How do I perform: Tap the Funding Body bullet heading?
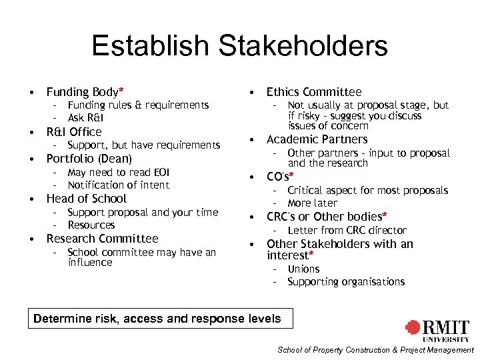coord(83,92)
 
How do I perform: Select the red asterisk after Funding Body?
coord(121,91)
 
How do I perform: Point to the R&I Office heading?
coord(73,132)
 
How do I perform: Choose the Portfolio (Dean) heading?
coord(89,159)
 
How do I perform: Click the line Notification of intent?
coord(118,185)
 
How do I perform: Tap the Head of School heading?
coord(86,199)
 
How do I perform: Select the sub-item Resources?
coord(91,225)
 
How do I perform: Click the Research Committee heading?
coord(102,239)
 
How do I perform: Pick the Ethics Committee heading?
coord(313,92)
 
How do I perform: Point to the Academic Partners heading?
coord(317,139)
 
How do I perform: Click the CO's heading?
coord(277,177)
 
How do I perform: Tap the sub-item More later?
coord(312,203)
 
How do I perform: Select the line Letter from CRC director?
coord(347,230)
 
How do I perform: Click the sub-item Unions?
coord(303,269)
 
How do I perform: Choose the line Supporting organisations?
coord(346,281)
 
